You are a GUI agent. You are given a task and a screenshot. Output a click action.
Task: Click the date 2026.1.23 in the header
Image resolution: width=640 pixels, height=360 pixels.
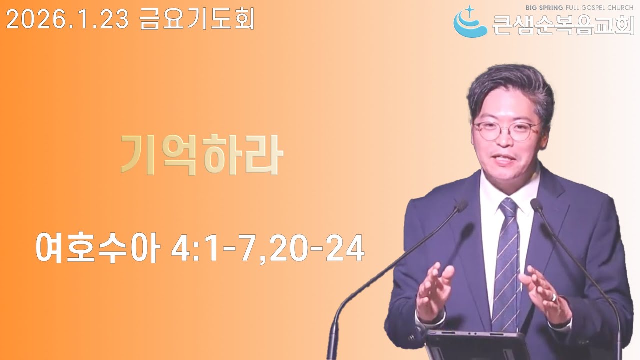tap(67, 19)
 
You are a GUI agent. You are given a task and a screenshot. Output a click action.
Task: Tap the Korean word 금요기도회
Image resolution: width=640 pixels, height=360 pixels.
tap(197, 19)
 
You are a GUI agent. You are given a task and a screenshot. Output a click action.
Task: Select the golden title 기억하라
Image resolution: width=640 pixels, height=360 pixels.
tap(202, 154)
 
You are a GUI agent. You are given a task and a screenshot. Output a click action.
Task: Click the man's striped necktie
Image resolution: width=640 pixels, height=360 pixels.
tap(506, 260)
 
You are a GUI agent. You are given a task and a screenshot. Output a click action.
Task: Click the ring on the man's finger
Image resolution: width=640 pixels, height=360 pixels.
tap(554, 298)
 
